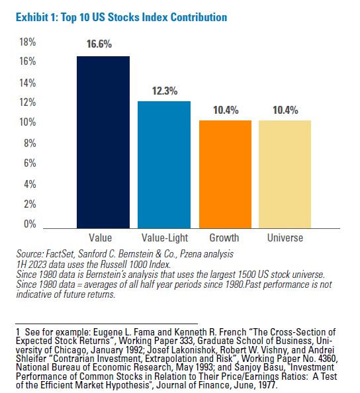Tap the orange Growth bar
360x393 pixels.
pos(226,174)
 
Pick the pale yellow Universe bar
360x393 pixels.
pos(285,174)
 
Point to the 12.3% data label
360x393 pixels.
pos(164,91)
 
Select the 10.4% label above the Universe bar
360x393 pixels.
pos(286,110)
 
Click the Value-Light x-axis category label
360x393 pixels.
pos(164,238)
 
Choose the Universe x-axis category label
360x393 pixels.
pos(285,238)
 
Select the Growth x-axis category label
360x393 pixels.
pos(224,238)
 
